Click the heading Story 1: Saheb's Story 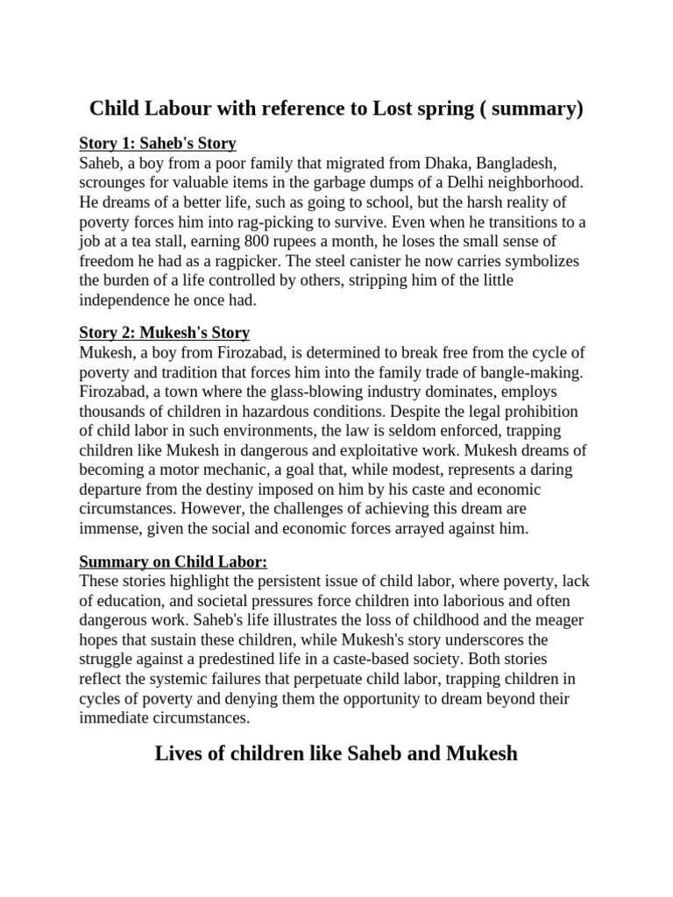(x=158, y=144)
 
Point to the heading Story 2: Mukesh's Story (x=165, y=333)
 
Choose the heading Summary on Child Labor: (x=173, y=562)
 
